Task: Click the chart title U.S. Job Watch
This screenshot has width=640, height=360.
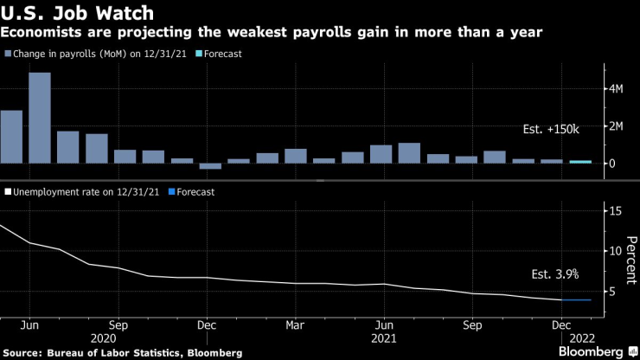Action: point(78,13)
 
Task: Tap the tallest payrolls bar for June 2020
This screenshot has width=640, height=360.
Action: point(40,118)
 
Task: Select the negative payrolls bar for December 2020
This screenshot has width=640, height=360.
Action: point(210,166)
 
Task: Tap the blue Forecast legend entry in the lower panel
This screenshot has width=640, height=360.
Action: point(195,192)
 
